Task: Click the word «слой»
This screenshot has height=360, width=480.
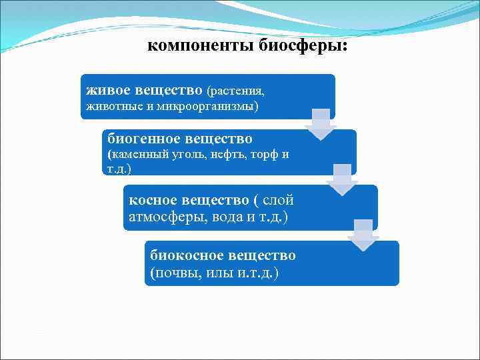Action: pos(279,200)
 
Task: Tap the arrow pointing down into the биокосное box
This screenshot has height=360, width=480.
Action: pos(363,235)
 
